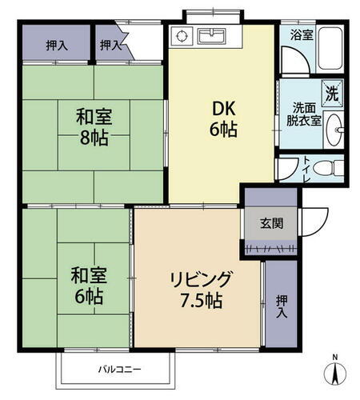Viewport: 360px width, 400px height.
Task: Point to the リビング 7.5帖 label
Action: coord(200,290)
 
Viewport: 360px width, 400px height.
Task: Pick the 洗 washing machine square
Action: coord(332,91)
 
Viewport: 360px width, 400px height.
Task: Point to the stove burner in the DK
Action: coord(182,36)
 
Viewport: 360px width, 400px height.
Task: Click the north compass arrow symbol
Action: coord(335,372)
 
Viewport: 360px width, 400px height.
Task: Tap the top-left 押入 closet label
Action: coord(57,45)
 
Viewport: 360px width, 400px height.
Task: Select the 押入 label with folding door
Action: coord(110,45)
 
